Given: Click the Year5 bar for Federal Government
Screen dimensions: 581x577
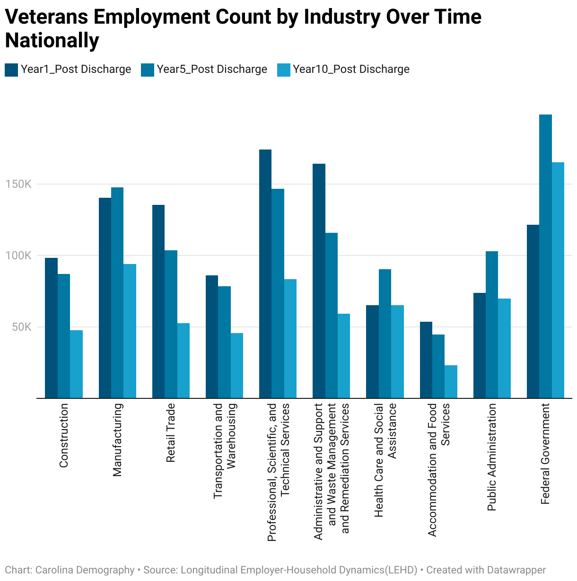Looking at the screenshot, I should click(x=545, y=256).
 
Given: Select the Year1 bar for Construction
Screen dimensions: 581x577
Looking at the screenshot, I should click(x=51, y=328).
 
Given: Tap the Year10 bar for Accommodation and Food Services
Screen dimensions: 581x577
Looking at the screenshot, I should click(x=451, y=381).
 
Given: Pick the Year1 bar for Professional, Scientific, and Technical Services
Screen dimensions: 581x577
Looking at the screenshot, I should click(x=265, y=273).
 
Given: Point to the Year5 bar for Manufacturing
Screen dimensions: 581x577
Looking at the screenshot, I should click(x=117, y=292).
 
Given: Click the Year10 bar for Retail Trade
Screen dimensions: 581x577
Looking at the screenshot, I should click(x=184, y=361).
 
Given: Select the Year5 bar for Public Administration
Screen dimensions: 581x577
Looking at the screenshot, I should click(x=492, y=325).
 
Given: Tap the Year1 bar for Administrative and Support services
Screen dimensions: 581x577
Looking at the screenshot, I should click(x=319, y=281).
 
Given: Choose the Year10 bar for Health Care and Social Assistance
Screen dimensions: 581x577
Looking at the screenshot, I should click(x=397, y=352).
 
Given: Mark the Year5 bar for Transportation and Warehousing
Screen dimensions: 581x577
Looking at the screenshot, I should click(x=224, y=342).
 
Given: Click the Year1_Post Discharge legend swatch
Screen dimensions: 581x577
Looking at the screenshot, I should click(x=11, y=70).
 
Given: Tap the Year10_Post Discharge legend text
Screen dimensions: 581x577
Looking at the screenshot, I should click(x=351, y=69).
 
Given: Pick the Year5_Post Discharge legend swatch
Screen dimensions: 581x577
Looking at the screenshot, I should click(x=148, y=70).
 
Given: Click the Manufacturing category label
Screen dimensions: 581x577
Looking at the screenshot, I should click(x=117, y=440).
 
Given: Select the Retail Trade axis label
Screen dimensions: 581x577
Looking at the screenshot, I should click(x=171, y=432).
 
